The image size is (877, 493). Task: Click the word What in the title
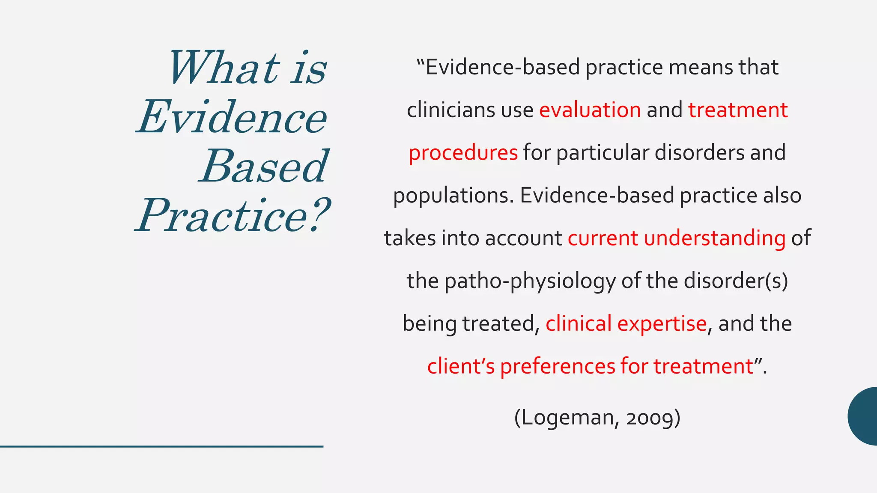[224, 68]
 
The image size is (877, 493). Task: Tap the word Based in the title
[263, 167]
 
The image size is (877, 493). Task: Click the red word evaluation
[590, 110]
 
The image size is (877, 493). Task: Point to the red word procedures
[463, 153]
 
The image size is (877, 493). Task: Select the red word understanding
[714, 238]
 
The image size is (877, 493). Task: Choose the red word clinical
[578, 324]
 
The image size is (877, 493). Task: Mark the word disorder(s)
[736, 281]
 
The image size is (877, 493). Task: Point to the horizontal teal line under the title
[161, 446]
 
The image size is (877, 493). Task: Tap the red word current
[603, 238]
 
